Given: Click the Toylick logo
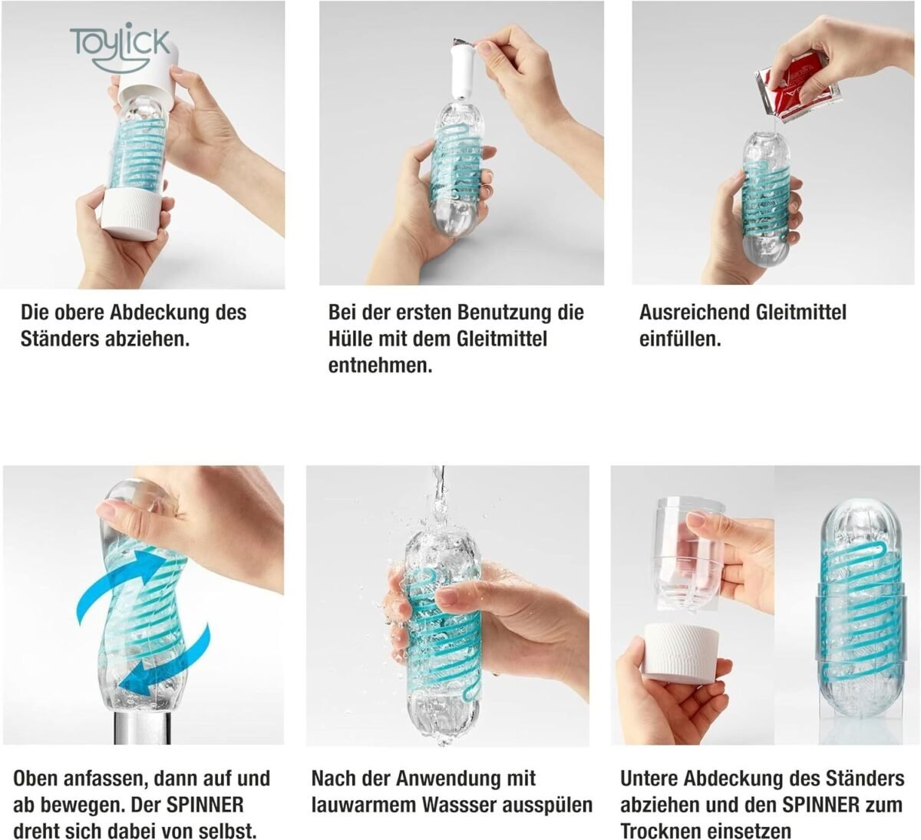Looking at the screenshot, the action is tap(120, 47).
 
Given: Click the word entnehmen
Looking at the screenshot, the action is tap(380, 366).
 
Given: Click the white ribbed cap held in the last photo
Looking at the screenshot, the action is tap(681, 653).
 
